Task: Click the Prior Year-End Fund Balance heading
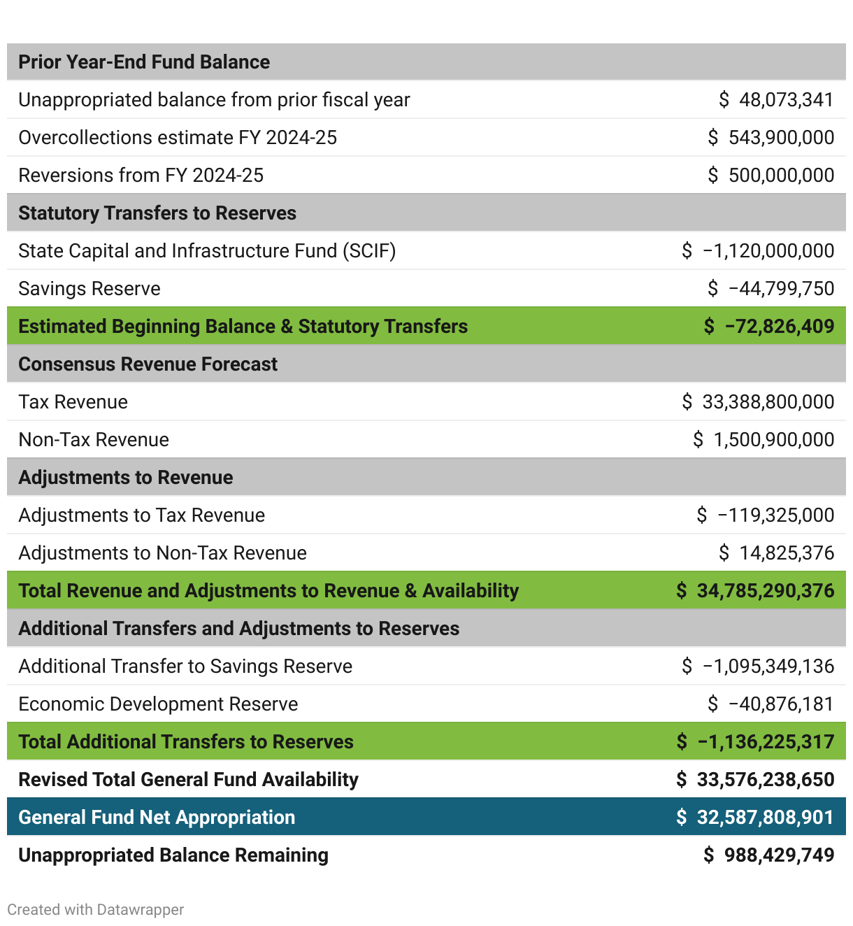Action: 144,62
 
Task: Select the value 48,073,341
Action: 786,100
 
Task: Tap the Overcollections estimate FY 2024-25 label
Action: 178,138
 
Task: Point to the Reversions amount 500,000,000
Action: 781,176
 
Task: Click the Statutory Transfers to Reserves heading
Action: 157,213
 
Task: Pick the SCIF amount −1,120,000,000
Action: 768,251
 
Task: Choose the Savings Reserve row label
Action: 89,289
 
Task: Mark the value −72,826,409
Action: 779,327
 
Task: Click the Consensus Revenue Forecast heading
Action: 148,364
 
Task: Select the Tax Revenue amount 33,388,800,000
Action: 768,402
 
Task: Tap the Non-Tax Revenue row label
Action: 94,440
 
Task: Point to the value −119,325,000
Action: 775,515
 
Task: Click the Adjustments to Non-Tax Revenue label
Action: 162,553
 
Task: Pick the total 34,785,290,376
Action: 765,591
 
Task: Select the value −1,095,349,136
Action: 768,667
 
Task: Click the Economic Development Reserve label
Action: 158,704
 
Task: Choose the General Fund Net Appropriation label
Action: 157,818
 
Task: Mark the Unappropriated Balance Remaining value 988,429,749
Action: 779,855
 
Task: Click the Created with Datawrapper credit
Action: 96,910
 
